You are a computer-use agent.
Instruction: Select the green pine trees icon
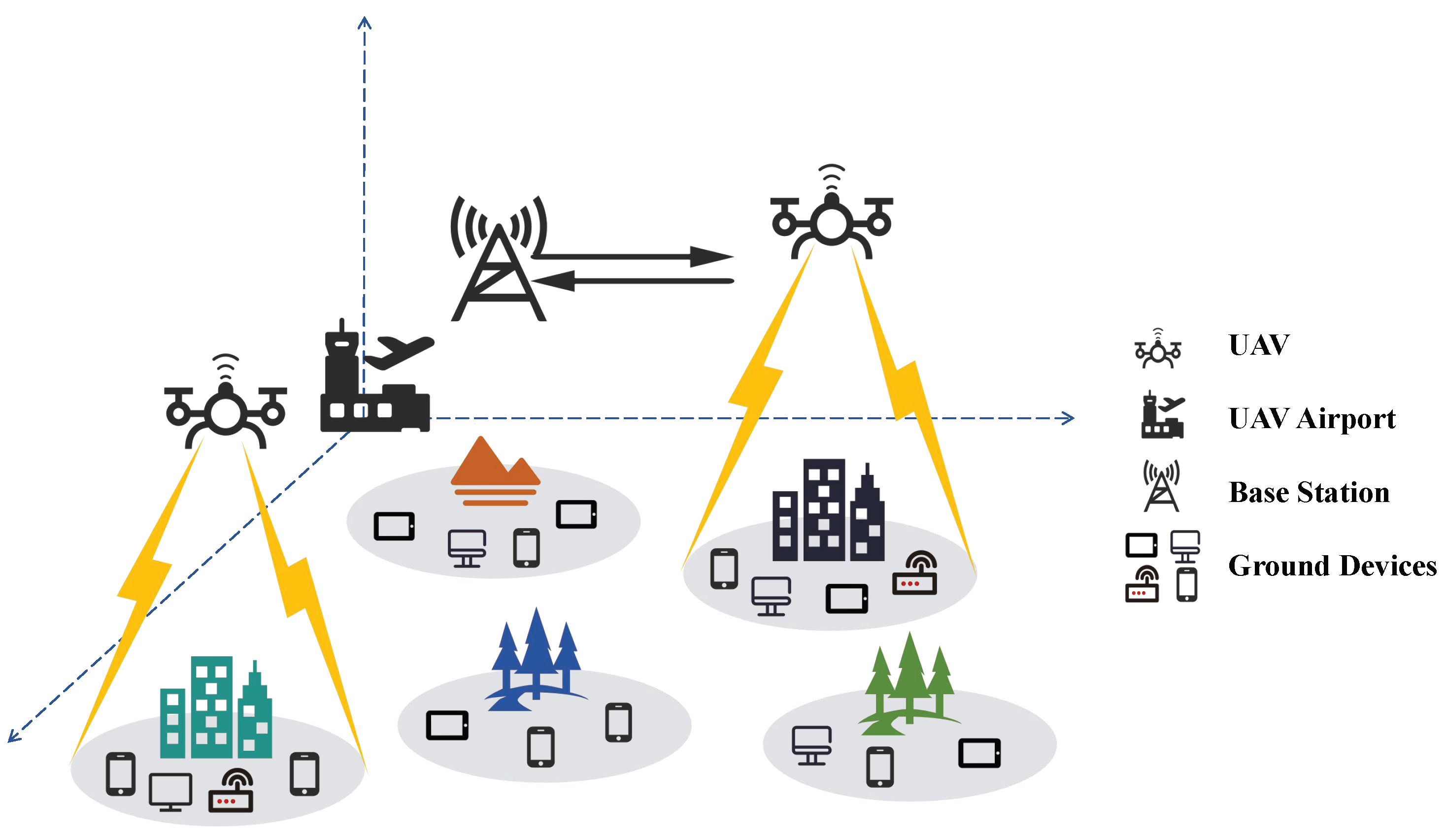coord(909,683)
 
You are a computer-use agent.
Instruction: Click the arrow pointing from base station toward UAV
coord(631,257)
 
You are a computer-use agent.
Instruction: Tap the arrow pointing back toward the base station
coord(631,281)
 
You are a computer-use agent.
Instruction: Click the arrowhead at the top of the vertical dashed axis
coord(365,23)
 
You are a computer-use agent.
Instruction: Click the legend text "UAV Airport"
coord(1311,419)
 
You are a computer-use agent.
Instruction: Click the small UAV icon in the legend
coord(1158,350)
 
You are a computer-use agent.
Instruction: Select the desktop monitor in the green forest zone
coord(811,745)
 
